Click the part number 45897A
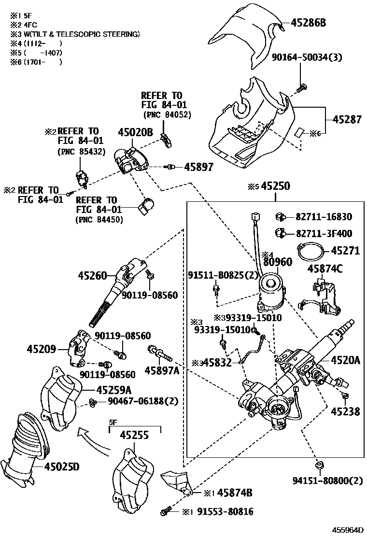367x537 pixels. pos(162,370)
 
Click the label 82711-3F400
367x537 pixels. pos(324,233)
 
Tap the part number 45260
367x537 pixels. pos(93,276)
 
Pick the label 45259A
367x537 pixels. pos(113,389)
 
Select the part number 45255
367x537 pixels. pos(134,435)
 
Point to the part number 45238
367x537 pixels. pos(345,411)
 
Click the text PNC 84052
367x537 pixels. pos(167,114)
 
